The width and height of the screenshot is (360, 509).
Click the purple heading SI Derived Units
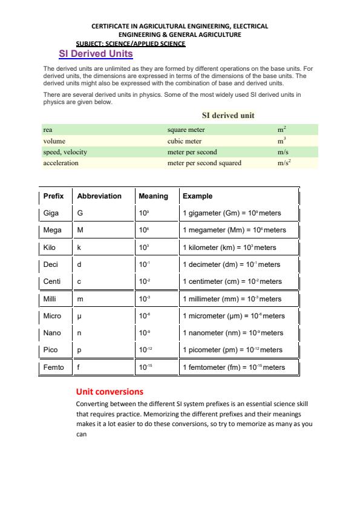96,54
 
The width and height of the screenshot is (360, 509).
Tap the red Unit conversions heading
110,392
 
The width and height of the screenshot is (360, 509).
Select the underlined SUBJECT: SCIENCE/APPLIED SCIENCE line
131,44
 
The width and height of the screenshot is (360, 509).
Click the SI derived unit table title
228,115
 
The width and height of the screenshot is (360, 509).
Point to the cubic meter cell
185,141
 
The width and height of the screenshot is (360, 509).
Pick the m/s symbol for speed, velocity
283,152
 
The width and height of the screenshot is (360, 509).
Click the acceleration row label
61,163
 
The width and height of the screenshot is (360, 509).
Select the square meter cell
186,130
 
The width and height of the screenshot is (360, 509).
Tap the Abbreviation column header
99,196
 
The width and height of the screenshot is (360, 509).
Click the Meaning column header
153,196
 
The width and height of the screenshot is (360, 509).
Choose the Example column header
198,196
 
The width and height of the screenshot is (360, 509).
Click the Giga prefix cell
51,213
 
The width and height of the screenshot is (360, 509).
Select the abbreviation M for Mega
80,230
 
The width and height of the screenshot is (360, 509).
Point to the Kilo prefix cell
50,247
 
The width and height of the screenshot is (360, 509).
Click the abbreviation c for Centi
79,281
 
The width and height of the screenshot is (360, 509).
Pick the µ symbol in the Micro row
79,316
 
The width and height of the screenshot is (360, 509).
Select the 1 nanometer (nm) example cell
232,333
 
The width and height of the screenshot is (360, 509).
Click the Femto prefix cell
53,367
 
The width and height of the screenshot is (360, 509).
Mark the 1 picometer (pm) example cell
232,350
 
